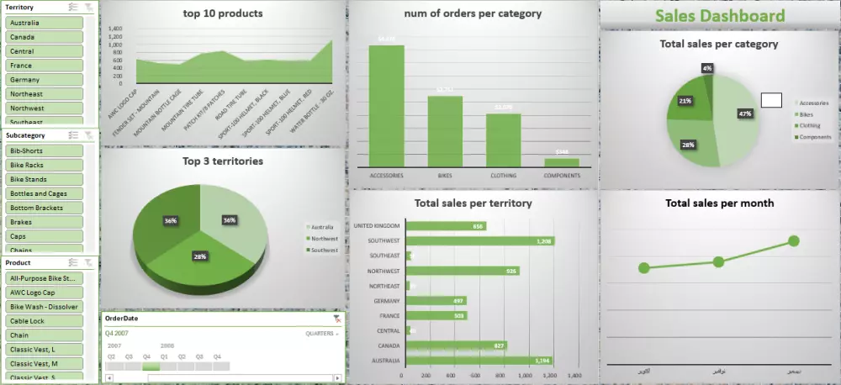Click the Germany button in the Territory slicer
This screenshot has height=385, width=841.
tap(45, 80)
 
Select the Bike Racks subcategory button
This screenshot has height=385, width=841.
tap(45, 165)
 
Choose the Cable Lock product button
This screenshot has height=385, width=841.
tap(45, 320)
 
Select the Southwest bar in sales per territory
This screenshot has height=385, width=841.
tap(479, 240)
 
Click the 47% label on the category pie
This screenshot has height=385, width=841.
tap(744, 113)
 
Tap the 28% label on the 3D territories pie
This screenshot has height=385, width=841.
tap(200, 256)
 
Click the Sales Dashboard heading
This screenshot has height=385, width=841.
tap(719, 16)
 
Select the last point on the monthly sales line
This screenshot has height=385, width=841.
tap(793, 241)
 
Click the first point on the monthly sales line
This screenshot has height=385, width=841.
tap(644, 268)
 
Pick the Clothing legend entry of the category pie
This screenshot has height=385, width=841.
tap(812, 125)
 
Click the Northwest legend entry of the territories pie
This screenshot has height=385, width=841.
tap(323, 238)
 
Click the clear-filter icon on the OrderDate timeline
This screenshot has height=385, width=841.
tap(337, 319)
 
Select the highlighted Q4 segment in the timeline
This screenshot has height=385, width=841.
tap(151, 366)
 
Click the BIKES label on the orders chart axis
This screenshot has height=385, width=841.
tap(445, 176)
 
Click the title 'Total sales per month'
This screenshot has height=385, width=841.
tap(719, 203)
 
